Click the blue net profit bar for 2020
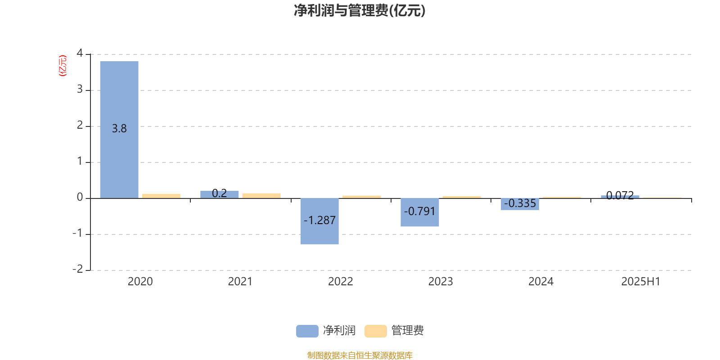[119, 130]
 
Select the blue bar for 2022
[319, 221]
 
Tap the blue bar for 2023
[419, 212]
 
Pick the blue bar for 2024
[520, 204]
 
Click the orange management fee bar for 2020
[161, 196]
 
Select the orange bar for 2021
[261, 196]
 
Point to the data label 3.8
[119, 129]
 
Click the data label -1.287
[319, 220]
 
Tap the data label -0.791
[419, 211]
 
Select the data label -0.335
[520, 203]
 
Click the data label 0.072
[620, 195]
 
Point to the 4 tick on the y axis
[80, 53]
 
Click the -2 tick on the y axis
[78, 269]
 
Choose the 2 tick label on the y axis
[80, 125]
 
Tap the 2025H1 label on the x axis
[641, 282]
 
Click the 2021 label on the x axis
[240, 282]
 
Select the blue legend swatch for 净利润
[307, 331]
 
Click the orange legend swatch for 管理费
[375, 331]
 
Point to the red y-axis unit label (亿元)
[63, 66]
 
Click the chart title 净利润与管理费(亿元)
[360, 11]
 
